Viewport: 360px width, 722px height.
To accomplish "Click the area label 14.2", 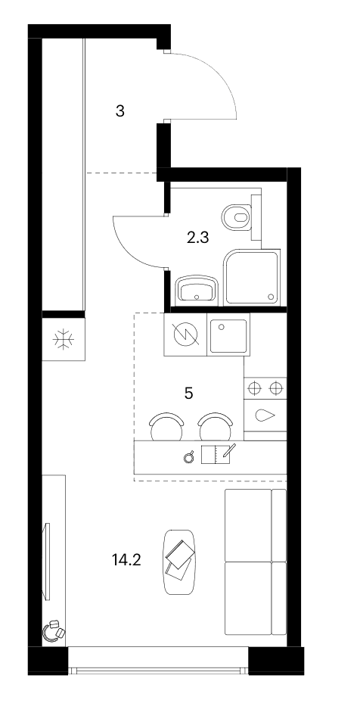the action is tap(126, 560).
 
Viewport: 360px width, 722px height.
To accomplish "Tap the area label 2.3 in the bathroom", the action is tap(198, 238).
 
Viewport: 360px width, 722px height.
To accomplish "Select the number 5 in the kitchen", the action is tap(188, 394).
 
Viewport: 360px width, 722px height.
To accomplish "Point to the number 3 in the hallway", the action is tap(120, 111).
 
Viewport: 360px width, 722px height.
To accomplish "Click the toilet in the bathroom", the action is tap(237, 217).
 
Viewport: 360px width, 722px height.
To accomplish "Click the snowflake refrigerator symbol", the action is tap(64, 340).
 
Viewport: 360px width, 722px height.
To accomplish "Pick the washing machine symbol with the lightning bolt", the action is tap(186, 335).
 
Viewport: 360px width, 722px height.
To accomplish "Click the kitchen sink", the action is tap(229, 336).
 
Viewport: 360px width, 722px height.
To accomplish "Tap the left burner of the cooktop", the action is tap(254, 389).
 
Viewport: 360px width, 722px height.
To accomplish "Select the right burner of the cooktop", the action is tap(275, 389).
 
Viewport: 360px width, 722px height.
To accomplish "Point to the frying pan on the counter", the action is tap(188, 458).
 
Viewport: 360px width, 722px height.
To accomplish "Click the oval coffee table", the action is tap(179, 562).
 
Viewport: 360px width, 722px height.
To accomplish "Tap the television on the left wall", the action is tap(47, 561).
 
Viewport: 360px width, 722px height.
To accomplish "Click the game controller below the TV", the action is tap(54, 631).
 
